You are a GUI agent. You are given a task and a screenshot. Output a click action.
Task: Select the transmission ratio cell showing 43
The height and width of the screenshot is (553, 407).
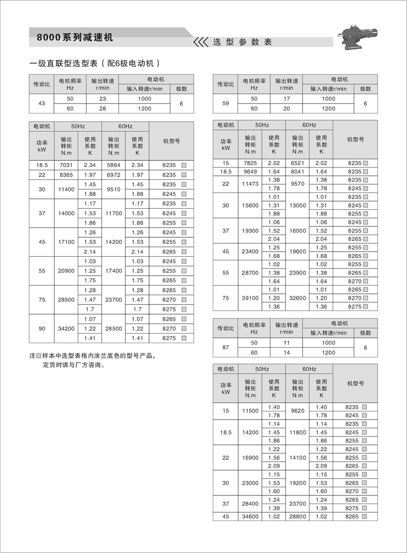click(x=42, y=103)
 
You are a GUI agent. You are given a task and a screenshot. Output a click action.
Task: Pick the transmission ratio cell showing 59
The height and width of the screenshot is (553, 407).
click(x=226, y=103)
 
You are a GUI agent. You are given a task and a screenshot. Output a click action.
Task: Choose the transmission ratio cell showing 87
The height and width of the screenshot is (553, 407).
click(x=226, y=348)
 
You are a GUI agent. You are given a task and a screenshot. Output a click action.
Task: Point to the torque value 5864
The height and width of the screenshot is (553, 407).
click(x=113, y=165)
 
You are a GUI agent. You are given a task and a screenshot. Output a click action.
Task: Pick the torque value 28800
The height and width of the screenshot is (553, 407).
click(x=298, y=516)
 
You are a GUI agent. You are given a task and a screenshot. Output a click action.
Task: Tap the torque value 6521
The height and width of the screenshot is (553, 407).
click(x=298, y=162)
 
